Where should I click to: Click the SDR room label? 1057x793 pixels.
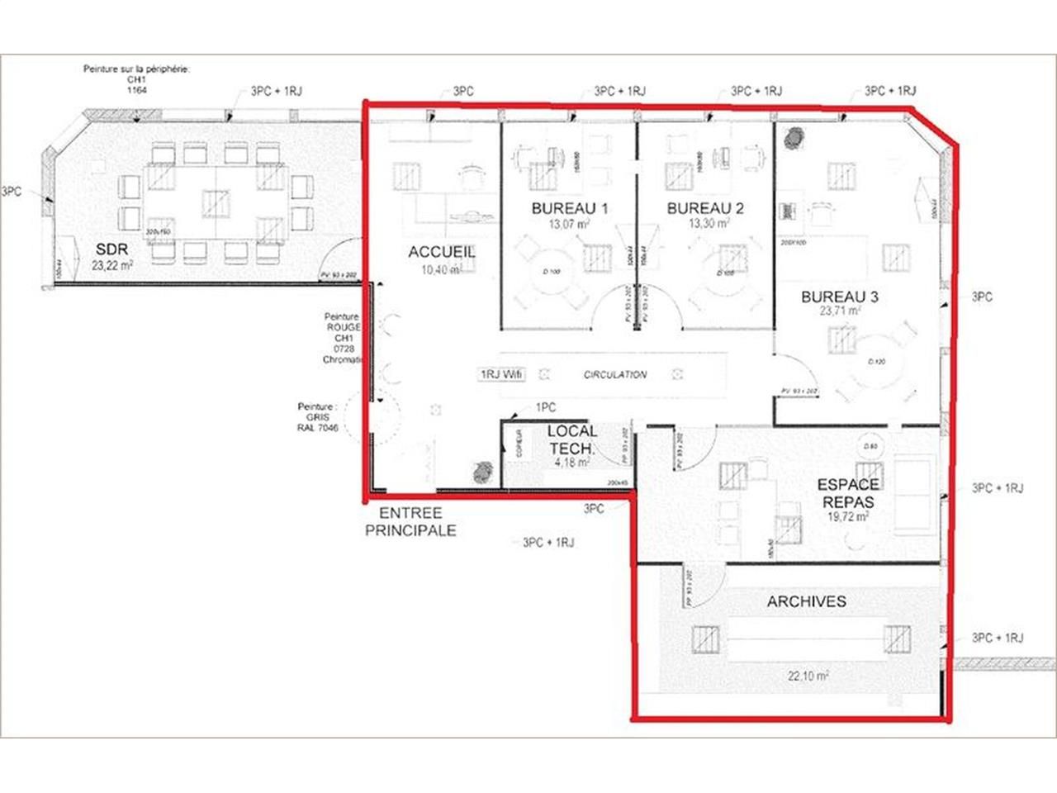point(111,249)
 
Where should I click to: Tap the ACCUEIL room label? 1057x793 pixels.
point(441,252)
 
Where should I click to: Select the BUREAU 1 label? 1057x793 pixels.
point(570,208)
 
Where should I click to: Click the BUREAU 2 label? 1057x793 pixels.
point(705,208)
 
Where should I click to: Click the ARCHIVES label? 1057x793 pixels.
point(806,601)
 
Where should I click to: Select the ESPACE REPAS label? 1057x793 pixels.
point(848,493)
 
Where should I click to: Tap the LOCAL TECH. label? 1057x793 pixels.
point(571,439)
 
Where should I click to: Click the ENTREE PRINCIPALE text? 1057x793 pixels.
point(410,522)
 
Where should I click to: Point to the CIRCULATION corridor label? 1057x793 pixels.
point(615,375)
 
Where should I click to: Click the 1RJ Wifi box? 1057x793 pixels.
point(501,375)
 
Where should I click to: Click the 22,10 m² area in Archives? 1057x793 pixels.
point(808,676)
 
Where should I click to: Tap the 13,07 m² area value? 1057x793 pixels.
point(570,224)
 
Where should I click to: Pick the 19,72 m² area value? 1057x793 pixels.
point(848,517)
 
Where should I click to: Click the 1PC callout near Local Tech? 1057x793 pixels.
point(545,407)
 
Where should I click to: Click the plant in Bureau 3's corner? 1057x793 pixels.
point(794,138)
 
